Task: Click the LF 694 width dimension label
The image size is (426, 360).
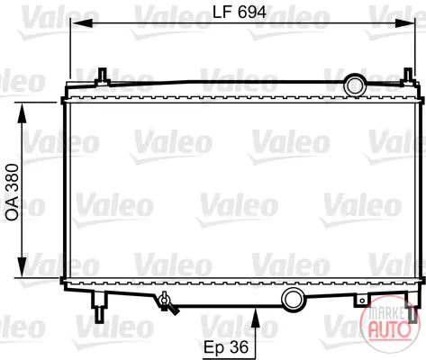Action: (240, 13)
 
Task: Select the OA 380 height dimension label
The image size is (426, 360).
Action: (13, 192)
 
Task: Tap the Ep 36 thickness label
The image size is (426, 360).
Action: (226, 347)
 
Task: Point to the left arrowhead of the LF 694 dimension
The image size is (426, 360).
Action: (81, 23)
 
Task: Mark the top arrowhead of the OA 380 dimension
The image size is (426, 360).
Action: (23, 113)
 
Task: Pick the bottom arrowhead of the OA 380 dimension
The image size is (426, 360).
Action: (23, 267)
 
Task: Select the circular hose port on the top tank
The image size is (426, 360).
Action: (355, 85)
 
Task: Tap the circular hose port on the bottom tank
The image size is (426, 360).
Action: (293, 300)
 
